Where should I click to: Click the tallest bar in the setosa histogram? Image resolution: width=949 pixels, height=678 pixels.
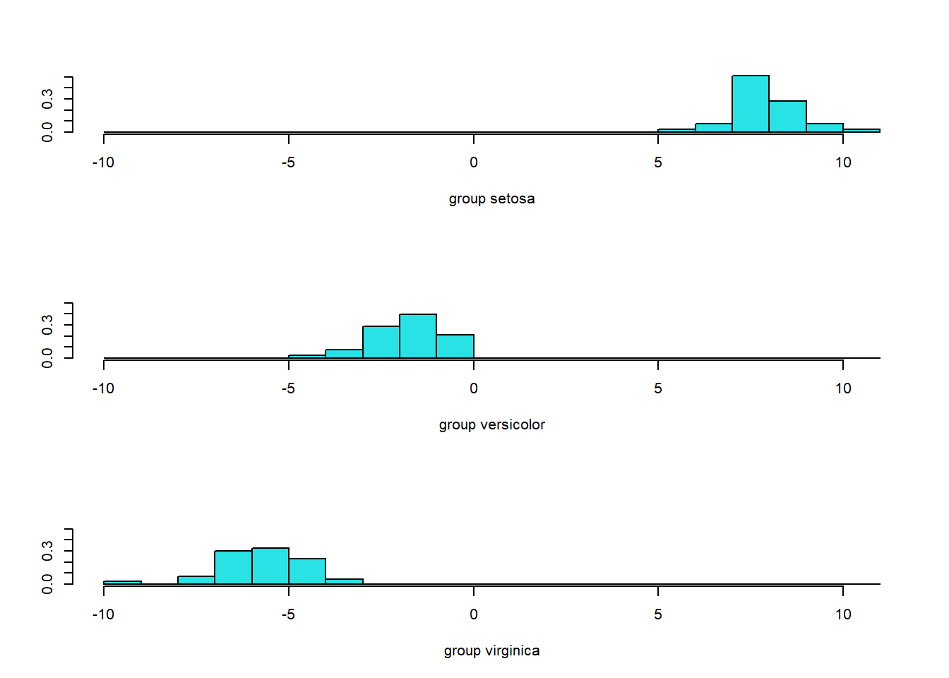(750, 104)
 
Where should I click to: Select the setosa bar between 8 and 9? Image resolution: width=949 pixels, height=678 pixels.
(787, 117)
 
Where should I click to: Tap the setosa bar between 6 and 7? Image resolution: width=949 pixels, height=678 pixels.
(713, 128)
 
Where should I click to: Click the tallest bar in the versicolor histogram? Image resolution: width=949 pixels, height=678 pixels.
(417, 336)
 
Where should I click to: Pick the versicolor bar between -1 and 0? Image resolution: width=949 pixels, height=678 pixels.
(455, 346)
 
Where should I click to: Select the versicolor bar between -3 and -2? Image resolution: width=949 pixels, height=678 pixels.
(381, 342)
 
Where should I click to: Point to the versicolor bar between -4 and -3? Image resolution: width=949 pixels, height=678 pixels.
(344, 353)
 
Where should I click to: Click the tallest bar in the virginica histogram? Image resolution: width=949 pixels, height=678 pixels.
(270, 566)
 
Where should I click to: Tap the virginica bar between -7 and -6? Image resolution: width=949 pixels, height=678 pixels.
(233, 567)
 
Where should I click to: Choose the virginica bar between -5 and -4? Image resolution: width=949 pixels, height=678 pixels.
(307, 571)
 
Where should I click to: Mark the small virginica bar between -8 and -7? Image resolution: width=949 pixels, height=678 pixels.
(196, 580)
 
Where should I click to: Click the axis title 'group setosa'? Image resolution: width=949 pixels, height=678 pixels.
(491, 198)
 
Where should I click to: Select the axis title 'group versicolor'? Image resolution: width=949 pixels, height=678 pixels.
(491, 424)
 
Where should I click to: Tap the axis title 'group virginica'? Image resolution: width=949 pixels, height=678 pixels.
(491, 650)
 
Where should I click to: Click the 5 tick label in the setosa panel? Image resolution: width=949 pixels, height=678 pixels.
(658, 162)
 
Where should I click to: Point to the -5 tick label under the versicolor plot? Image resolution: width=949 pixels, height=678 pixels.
(287, 388)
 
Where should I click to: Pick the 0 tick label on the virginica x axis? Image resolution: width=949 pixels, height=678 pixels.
(473, 614)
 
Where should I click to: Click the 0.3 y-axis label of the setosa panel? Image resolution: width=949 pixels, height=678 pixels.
(47, 99)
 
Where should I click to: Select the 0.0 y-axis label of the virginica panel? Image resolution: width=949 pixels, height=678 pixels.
(47, 583)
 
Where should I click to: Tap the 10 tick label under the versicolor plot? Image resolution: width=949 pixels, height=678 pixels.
(843, 388)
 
